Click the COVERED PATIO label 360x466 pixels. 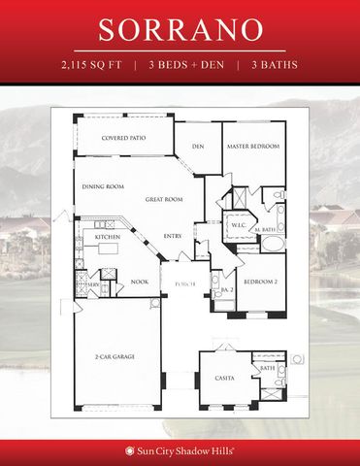pos(123,138)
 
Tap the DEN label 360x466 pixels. pos(197,147)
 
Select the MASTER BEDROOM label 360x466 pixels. pos(253,147)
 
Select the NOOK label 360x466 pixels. pos(139,283)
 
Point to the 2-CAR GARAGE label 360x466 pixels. pos(115,358)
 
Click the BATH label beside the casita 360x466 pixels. pos(268,368)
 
